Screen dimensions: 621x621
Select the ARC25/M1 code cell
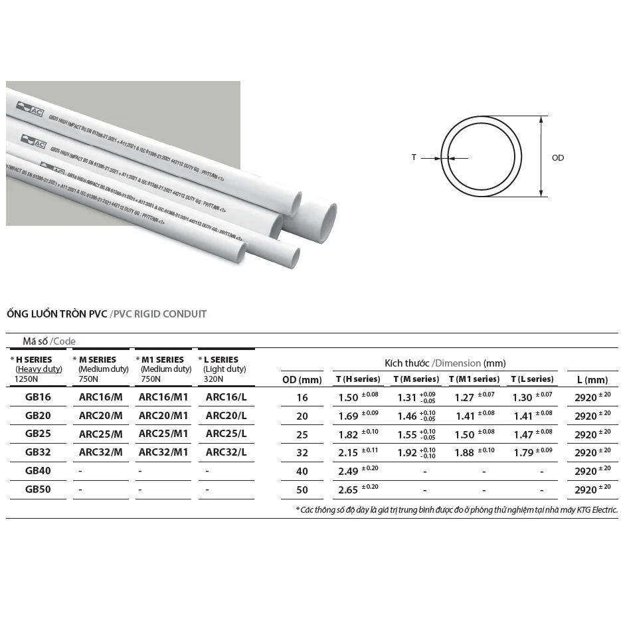pyautogui.click(x=163, y=434)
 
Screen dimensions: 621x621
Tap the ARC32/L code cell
pyautogui.click(x=226, y=452)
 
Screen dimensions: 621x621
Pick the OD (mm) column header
pyautogui.click(x=302, y=380)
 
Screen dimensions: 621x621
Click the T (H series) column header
pyautogui.click(x=359, y=379)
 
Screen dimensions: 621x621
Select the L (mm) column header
pyautogui.click(x=592, y=380)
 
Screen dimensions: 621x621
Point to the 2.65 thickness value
pyautogui.click(x=348, y=490)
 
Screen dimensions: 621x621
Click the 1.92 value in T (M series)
pyautogui.click(x=407, y=453)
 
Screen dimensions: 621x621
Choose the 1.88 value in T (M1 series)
pyautogui.click(x=466, y=453)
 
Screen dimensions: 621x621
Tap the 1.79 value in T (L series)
pyautogui.click(x=523, y=453)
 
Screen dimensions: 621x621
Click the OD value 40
pyautogui.click(x=302, y=472)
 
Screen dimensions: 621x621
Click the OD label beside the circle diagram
pyautogui.click(x=558, y=158)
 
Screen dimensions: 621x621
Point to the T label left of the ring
pyautogui.click(x=414, y=158)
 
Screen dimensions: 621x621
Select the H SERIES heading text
pyautogui.click(x=34, y=359)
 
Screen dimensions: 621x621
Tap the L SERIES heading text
pyautogui.click(x=221, y=359)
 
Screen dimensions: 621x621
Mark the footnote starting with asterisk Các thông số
pyautogui.click(x=457, y=510)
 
